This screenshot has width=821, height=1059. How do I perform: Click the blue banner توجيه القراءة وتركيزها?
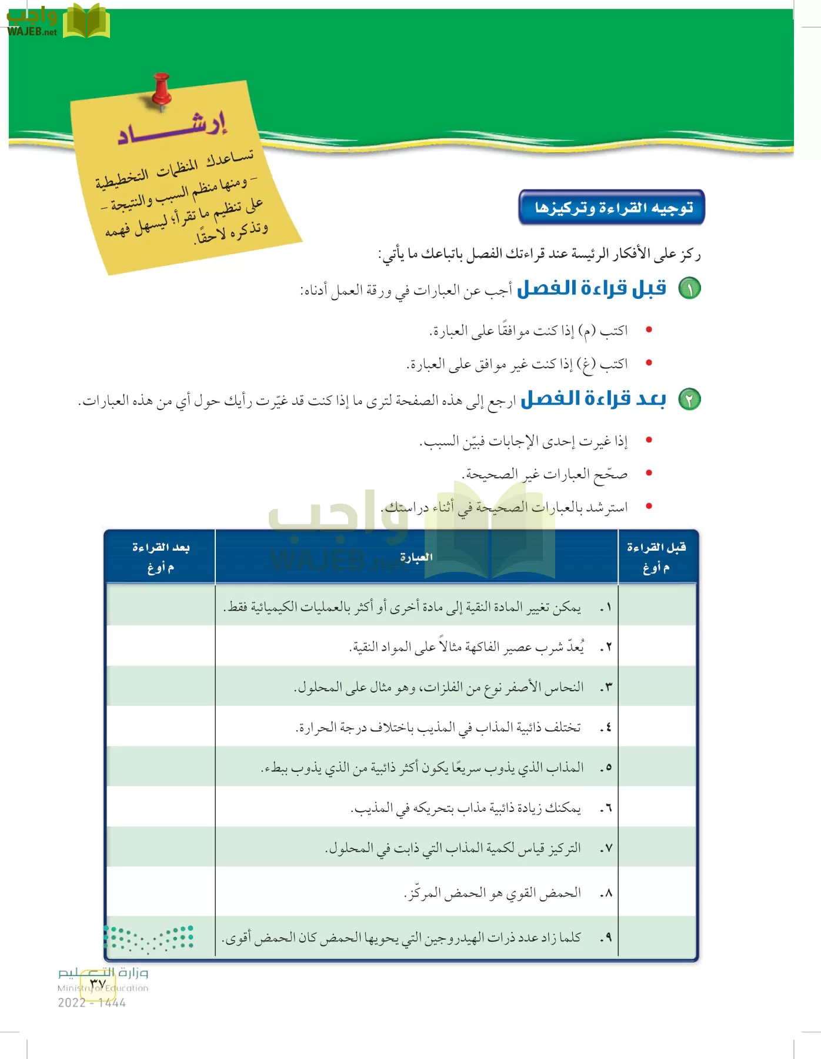coord(612,207)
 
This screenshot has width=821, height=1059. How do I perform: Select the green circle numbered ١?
coord(689,289)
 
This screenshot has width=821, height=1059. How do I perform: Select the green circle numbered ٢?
coord(689,399)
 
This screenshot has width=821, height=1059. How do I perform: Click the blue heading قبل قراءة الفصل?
coord(592,288)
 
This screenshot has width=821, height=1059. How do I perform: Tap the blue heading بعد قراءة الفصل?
coord(593,399)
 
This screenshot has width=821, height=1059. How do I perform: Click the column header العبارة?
coord(416,557)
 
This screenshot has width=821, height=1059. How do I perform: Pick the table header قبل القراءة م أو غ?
coord(656,557)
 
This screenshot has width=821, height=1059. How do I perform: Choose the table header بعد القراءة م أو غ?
coord(161,557)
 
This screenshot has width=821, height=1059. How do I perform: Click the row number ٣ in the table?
coord(606,687)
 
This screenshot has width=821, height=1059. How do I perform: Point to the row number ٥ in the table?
coord(606,768)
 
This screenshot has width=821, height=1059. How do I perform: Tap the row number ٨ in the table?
coord(606,893)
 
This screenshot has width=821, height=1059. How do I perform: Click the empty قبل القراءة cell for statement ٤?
coord(656,727)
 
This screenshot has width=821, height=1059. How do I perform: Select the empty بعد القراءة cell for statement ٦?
coord(161,808)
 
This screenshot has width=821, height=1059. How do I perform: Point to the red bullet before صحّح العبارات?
coord(649,473)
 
